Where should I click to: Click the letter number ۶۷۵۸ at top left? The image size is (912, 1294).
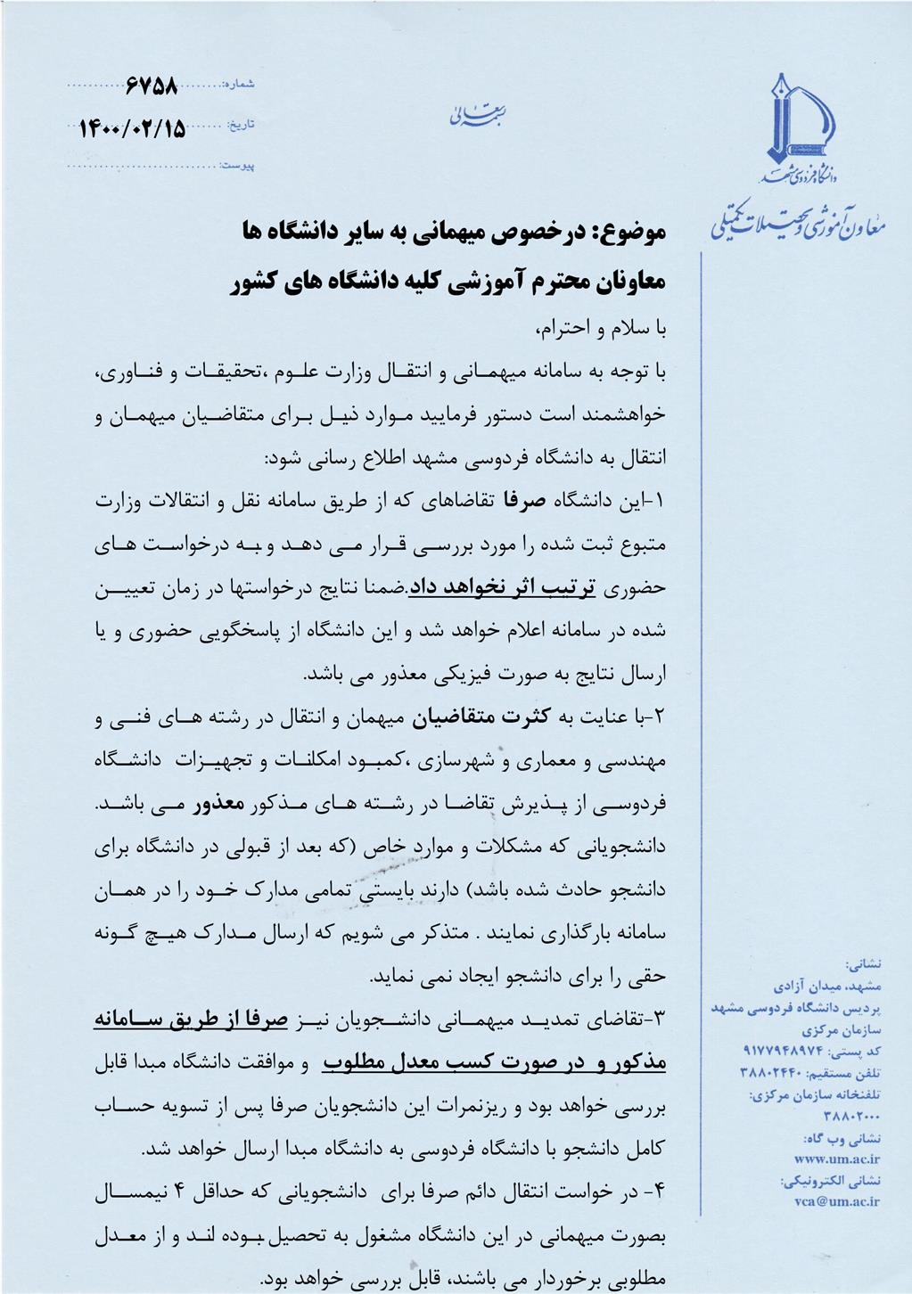152,87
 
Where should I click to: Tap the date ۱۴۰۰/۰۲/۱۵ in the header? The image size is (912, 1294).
133,128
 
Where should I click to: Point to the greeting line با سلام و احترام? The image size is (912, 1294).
601,328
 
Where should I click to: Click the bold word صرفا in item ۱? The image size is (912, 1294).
523,501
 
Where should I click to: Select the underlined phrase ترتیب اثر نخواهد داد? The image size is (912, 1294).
502,587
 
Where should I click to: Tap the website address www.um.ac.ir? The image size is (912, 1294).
836,1159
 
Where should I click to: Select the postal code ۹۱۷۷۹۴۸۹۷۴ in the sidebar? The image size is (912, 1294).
785,1052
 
